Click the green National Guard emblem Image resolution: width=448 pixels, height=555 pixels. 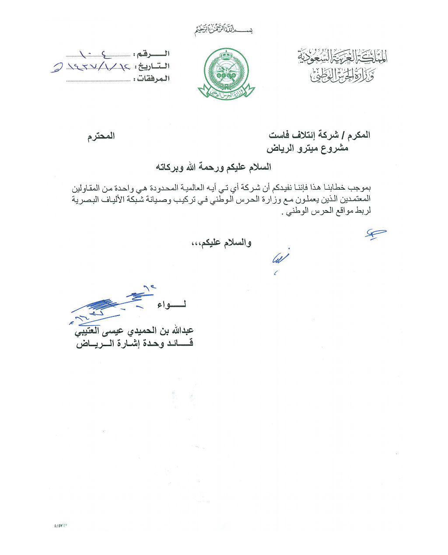(x=226, y=73)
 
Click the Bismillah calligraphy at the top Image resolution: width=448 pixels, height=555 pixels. (x=224, y=30)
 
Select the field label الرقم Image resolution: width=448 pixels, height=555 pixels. (x=153, y=54)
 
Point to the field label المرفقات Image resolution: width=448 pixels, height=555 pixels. (x=150, y=79)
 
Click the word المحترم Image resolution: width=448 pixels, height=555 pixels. (x=101, y=136)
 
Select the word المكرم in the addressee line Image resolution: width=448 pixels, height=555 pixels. (x=358, y=135)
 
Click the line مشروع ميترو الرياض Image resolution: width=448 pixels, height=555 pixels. (x=308, y=148)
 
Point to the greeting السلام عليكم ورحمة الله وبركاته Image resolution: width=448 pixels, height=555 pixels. (x=213, y=167)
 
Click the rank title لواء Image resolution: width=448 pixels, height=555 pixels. (x=172, y=305)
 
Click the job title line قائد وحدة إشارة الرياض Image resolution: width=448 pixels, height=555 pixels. (x=134, y=343)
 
